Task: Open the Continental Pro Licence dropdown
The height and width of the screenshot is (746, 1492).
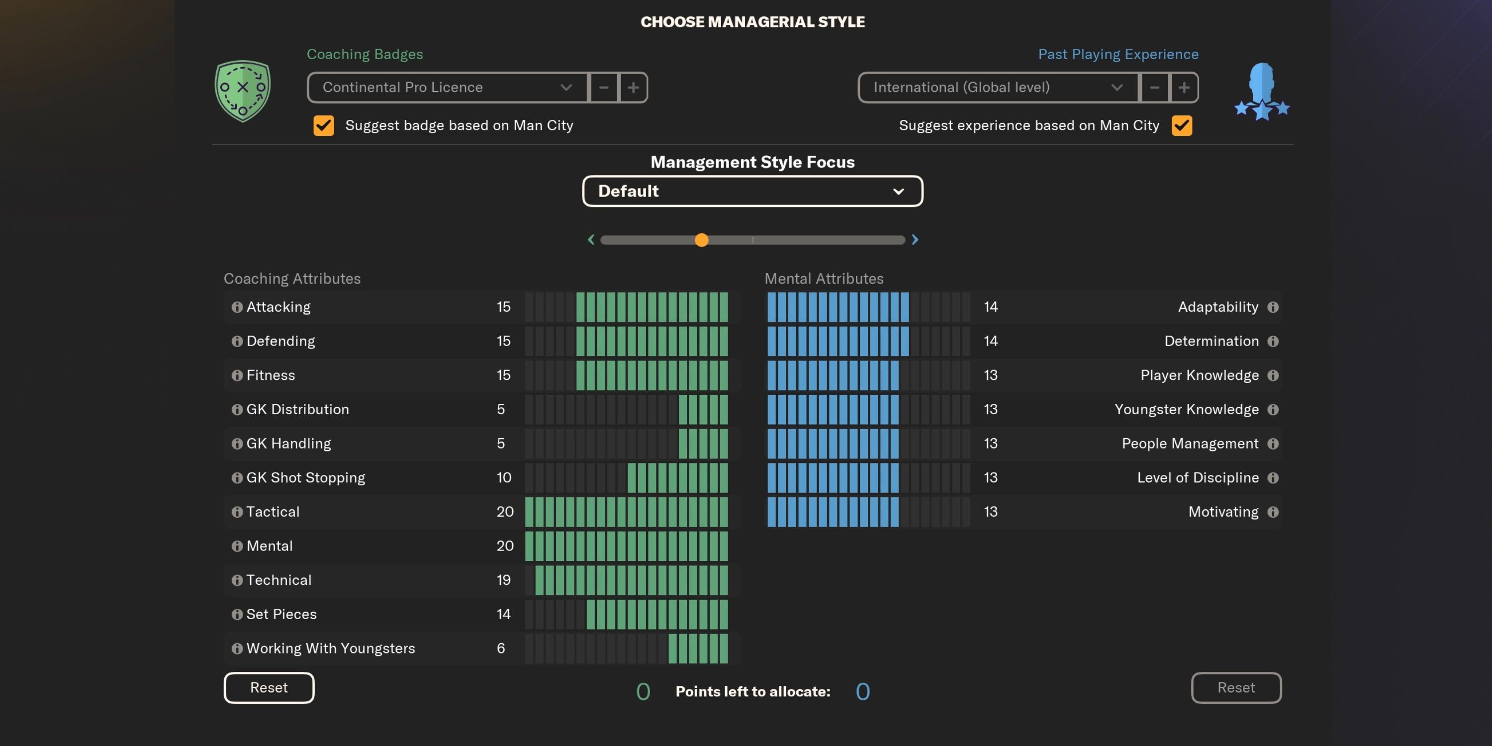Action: coord(447,88)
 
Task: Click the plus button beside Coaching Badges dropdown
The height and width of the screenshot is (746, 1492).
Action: coord(633,88)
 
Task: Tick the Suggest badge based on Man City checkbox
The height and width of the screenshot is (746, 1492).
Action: coord(324,126)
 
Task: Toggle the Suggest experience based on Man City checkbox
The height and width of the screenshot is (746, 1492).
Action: coord(1182,126)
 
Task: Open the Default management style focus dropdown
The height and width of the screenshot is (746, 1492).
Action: coord(752,191)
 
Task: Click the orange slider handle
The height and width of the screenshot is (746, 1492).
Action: coord(701,240)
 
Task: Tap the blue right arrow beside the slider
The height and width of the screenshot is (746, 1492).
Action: coord(915,240)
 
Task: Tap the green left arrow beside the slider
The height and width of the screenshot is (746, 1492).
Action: coord(591,240)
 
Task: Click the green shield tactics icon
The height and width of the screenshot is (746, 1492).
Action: coord(243,91)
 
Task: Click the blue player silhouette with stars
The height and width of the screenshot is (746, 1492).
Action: coord(1261,92)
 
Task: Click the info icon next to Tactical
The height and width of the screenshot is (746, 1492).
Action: coord(237,512)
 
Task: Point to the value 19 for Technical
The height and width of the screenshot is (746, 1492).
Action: coord(503,580)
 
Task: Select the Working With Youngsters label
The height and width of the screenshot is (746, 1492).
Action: coord(331,648)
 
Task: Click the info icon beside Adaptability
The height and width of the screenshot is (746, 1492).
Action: coord(1273,307)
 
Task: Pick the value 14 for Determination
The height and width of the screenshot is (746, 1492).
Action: coord(990,341)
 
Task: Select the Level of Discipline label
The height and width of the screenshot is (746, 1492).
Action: coord(1197,478)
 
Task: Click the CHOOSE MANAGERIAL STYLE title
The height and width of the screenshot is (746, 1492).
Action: coord(752,22)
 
